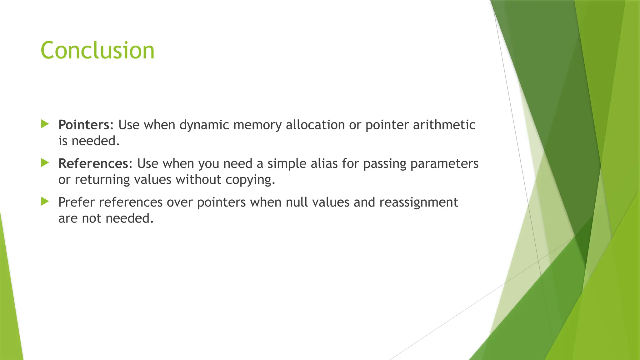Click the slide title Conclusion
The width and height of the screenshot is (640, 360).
(97, 51)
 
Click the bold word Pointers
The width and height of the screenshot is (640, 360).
(83, 125)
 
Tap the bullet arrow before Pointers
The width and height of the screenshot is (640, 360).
(45, 124)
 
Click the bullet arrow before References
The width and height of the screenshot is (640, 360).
(45, 163)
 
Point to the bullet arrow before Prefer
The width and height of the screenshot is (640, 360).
(45, 202)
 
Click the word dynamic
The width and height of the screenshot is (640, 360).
(204, 125)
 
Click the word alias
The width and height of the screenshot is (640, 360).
(324, 164)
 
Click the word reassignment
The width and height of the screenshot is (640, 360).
(418, 202)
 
